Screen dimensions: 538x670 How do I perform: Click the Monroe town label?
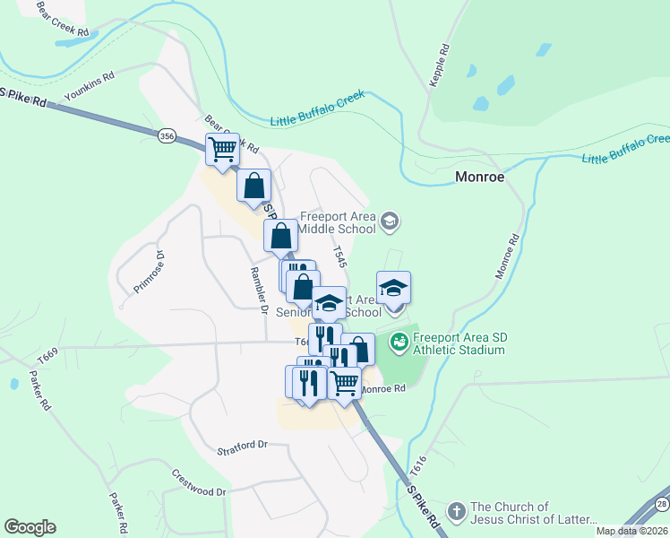(480, 177)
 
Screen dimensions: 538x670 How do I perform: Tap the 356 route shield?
(167, 135)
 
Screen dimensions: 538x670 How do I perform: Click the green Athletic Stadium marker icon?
(398, 343)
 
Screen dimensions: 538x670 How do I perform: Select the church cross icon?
(457, 511)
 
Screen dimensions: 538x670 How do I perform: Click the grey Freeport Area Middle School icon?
(389, 221)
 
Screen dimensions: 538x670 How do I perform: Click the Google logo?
(30, 526)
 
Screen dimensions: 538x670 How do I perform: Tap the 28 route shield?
(661, 504)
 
